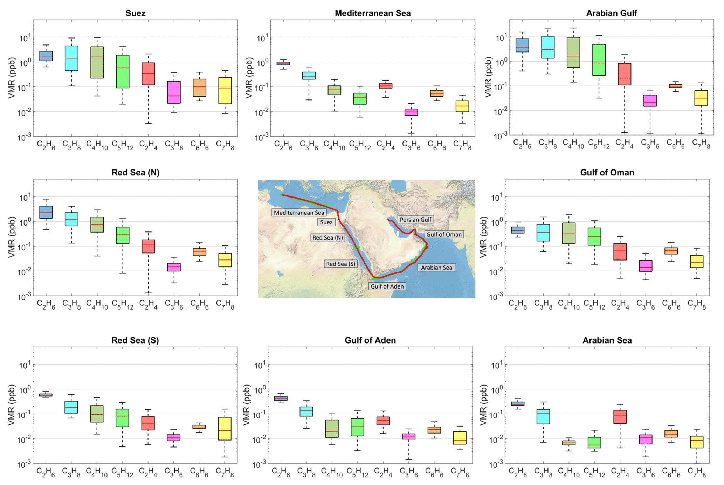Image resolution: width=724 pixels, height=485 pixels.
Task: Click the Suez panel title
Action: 136,13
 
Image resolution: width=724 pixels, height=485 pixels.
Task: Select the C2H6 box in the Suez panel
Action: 46,56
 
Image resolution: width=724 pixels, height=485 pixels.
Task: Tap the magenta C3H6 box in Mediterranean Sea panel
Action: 411,112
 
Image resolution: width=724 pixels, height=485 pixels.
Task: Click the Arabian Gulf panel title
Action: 612,13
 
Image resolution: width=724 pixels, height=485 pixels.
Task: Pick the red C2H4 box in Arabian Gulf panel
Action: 624,74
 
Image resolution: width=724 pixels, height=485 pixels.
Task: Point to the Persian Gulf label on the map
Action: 416,220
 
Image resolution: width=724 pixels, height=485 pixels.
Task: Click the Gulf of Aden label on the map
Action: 387,286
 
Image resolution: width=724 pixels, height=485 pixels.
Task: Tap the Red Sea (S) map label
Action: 340,264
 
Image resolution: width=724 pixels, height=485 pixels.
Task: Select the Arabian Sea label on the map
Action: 436,268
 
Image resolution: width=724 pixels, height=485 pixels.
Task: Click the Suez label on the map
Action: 326,222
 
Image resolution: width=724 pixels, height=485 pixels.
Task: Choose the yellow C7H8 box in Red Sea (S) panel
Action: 225,429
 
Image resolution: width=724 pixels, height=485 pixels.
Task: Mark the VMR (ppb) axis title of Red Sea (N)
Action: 12,237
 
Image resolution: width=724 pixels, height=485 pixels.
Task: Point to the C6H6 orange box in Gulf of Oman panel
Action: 671,251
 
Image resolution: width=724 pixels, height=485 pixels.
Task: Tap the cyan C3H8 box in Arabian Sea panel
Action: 543,417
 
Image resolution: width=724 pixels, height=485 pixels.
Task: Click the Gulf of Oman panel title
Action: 607,173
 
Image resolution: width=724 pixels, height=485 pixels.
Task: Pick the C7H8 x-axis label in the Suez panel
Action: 225,145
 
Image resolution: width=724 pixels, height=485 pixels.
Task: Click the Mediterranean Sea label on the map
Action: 299,213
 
